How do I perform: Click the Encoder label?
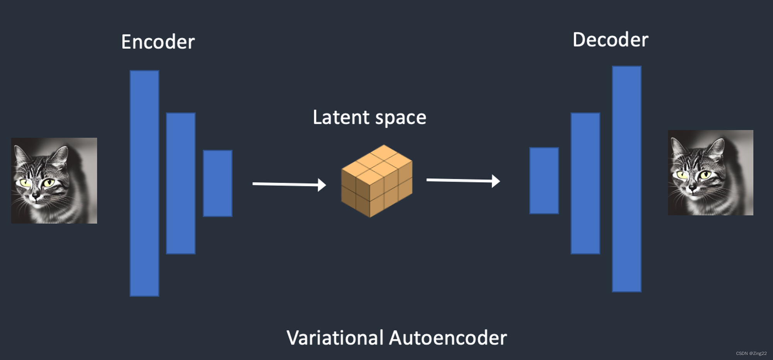pyautogui.click(x=158, y=42)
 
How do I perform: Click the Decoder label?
pyautogui.click(x=610, y=40)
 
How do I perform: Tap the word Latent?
pyautogui.click(x=341, y=117)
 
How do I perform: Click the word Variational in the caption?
pyautogui.click(x=335, y=338)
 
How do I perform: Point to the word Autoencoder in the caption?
pyautogui.click(x=448, y=338)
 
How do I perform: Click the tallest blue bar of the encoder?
pyautogui.click(x=144, y=183)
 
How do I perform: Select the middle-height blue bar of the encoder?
pyautogui.click(x=180, y=183)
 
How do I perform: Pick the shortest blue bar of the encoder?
pyautogui.click(x=218, y=183)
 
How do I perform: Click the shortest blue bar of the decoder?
pyautogui.click(x=544, y=180)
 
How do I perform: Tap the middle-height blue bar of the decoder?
pyautogui.click(x=585, y=183)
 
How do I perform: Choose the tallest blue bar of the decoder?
pyautogui.click(x=627, y=179)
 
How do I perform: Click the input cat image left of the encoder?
pyautogui.click(x=54, y=180)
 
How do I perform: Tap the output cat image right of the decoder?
pyautogui.click(x=710, y=172)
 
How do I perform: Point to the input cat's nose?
pyautogui.click(x=36, y=196)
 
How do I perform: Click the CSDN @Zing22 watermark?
pyautogui.click(x=751, y=353)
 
